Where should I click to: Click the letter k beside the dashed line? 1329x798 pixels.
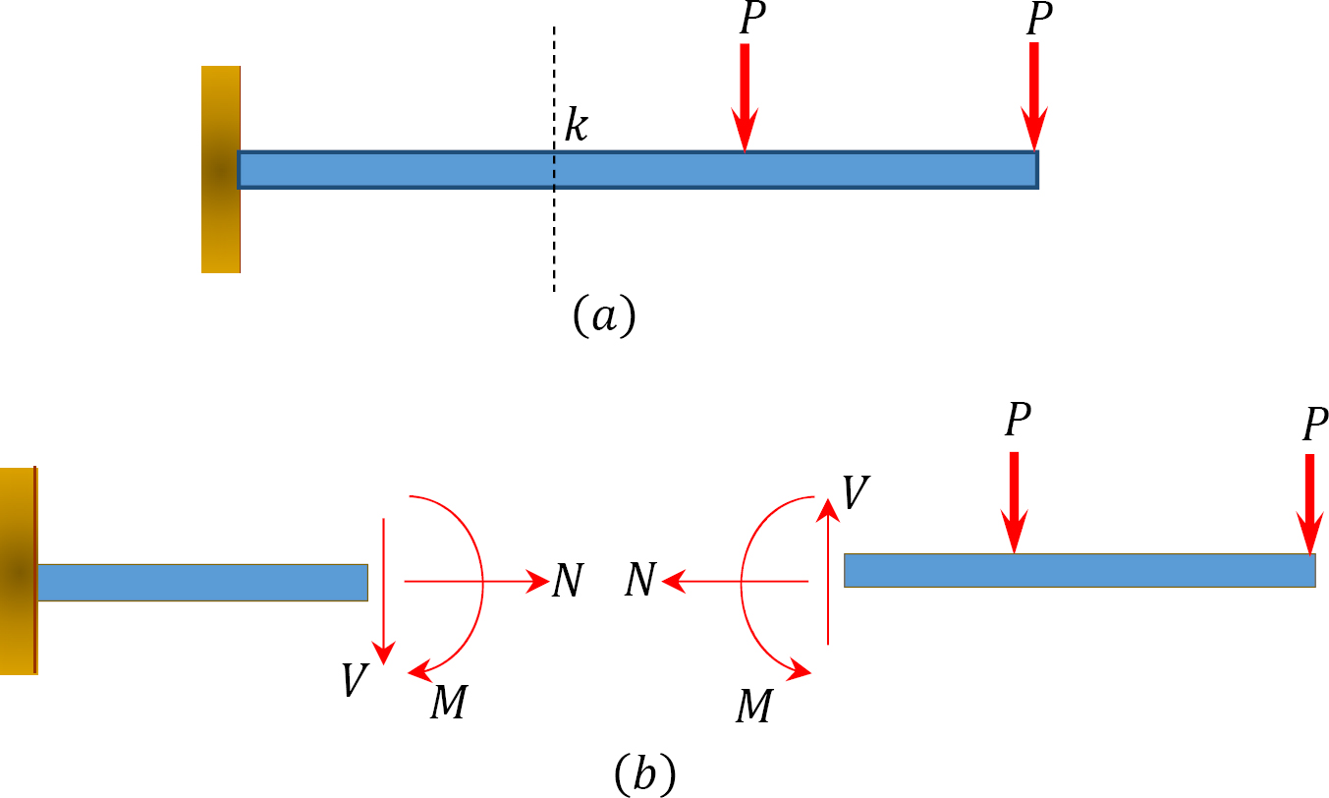coord(576,127)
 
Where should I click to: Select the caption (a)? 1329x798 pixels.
coord(604,316)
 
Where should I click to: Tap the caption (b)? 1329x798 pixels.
coord(644,773)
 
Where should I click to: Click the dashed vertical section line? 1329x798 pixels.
coord(554,236)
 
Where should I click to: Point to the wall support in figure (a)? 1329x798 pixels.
coord(220,169)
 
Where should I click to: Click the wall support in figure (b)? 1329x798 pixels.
coord(18,570)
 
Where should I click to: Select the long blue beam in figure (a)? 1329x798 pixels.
coord(637,170)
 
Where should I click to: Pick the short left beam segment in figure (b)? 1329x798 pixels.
coord(201,582)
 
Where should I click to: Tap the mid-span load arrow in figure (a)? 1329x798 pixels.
coord(745,97)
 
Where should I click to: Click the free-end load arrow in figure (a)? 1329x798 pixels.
coord(1033,97)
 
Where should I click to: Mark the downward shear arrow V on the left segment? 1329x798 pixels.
coord(384,590)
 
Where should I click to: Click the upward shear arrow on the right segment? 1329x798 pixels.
coord(829,570)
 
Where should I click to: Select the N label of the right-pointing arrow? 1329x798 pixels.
coord(568,582)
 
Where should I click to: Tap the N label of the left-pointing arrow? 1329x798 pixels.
coord(639,582)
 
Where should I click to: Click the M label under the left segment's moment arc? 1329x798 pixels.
coord(448,703)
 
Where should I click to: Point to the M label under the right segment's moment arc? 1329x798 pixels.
coord(753,707)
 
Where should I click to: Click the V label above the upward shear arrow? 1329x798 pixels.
coord(855,492)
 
